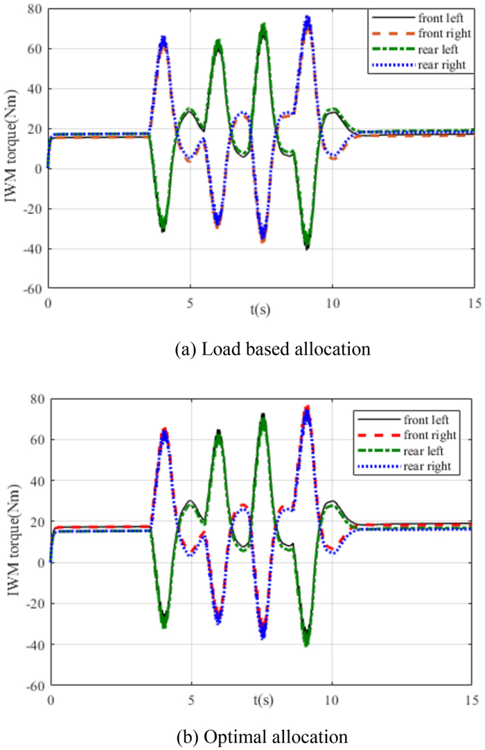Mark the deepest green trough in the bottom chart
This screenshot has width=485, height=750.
(x=307, y=645)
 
